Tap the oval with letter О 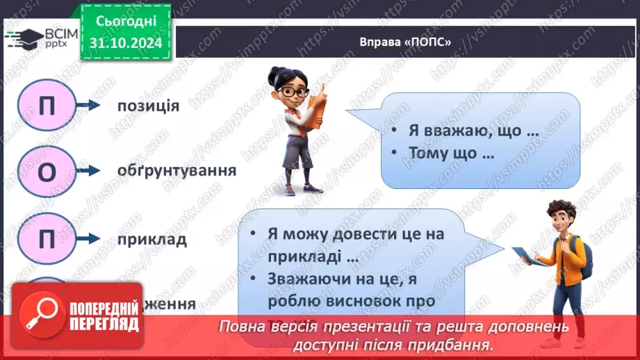(x=47, y=172)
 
